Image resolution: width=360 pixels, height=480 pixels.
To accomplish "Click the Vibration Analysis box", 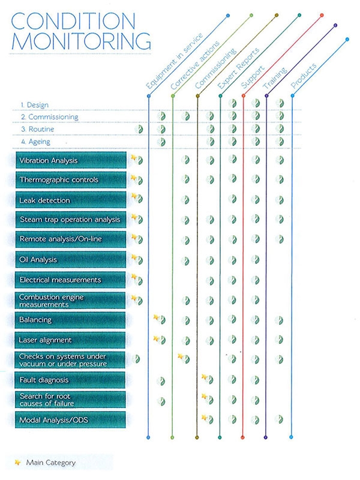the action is click(x=71, y=160).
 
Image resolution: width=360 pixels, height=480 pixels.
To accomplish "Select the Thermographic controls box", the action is click(x=71, y=179).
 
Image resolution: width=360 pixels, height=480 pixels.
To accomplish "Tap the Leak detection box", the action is click(x=71, y=200).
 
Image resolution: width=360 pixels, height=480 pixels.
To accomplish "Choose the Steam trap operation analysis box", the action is click(x=71, y=220).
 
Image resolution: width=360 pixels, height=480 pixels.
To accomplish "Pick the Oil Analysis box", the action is click(x=71, y=260).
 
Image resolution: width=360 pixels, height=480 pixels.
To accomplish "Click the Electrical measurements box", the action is click(x=71, y=280).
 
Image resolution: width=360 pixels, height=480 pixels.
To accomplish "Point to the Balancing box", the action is click(x=70, y=320).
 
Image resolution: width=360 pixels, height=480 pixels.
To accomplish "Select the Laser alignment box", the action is click(x=70, y=340).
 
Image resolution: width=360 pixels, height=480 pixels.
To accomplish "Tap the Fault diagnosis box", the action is click(x=70, y=380).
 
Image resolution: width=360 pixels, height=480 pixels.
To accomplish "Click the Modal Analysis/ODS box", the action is click(x=70, y=419).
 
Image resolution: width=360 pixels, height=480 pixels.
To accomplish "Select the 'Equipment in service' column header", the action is click(x=174, y=61).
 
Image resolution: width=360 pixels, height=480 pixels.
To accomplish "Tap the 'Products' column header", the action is click(x=304, y=76).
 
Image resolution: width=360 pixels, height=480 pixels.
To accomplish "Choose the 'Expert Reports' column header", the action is click(x=238, y=68).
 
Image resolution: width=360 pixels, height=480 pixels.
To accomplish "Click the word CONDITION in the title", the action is click(x=73, y=21).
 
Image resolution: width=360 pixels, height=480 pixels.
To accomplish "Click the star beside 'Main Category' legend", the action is click(x=18, y=462).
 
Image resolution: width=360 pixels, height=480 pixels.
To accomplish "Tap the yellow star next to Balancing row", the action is click(x=157, y=317).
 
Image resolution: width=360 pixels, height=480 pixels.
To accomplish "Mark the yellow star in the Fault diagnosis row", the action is click(x=205, y=377).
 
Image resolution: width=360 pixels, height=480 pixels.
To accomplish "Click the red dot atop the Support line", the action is click(x=322, y=15).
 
